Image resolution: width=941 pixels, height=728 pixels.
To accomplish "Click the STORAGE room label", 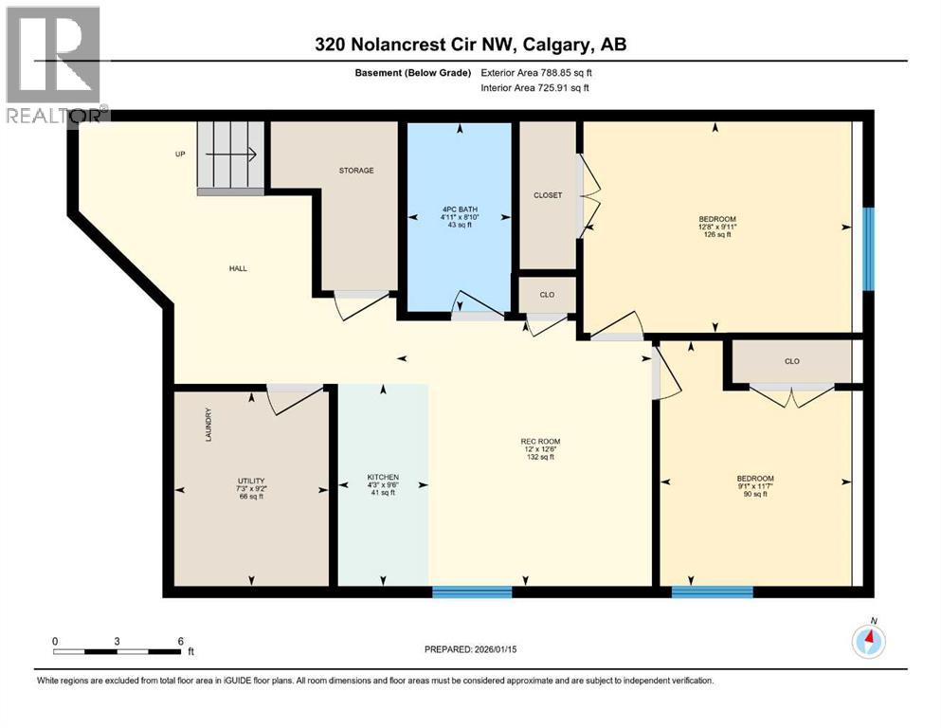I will tap(356, 171).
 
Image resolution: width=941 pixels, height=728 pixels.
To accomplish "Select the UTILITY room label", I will tap(251, 481).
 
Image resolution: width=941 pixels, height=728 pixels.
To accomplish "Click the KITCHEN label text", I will tap(383, 477).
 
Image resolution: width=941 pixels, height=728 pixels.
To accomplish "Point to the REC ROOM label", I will tap(540, 441).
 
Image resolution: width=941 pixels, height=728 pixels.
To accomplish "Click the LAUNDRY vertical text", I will tap(208, 425).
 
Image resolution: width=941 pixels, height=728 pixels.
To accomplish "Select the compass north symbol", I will tap(868, 641).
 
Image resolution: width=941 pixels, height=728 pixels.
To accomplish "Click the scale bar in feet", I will tap(118, 651).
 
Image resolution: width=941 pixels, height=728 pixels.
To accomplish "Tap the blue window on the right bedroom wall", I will tap(868, 248).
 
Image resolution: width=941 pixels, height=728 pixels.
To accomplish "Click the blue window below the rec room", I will tap(472, 592).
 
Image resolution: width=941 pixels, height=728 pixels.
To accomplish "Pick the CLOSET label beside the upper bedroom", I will tap(548, 195).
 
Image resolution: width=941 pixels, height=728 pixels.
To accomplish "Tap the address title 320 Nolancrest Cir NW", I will tap(471, 45).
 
